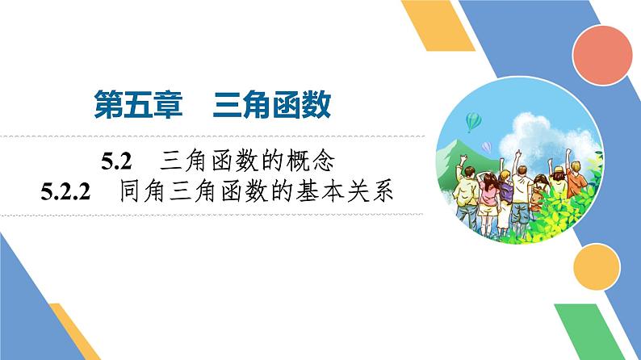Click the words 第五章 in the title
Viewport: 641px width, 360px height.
(x=132, y=105)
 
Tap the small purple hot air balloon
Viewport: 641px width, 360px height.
(x=486, y=147)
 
